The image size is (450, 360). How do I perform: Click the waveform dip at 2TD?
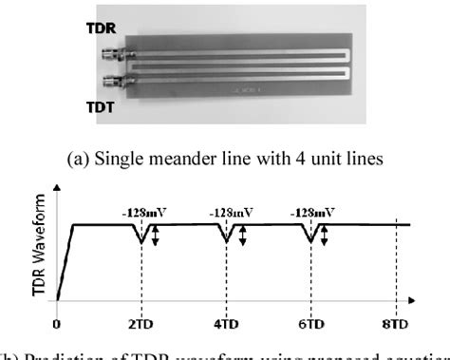click(142, 241)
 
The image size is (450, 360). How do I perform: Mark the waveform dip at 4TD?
click(226, 241)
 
